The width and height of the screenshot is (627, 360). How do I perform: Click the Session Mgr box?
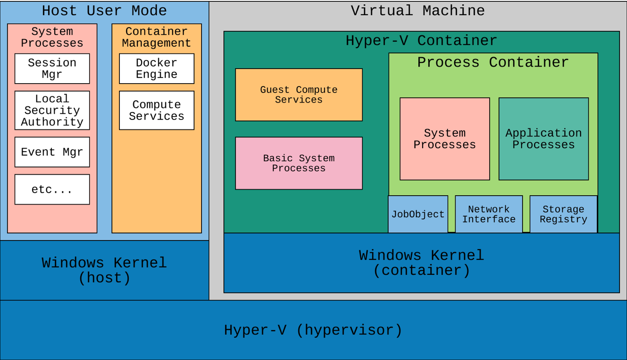coord(52,69)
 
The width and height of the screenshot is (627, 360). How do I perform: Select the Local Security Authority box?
coord(52,110)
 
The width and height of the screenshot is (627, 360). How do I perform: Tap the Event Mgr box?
coord(52,152)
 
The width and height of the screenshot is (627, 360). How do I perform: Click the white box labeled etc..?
coord(52,189)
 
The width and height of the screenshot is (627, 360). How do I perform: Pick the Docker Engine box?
coord(156,69)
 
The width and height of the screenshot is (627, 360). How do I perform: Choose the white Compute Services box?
coord(156,110)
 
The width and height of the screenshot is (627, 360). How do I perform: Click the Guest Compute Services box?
coord(299,94)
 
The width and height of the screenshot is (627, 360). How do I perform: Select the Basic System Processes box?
coord(299,163)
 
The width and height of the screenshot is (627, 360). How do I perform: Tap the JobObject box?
coord(418,214)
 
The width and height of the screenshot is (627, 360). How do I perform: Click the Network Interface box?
coord(489,214)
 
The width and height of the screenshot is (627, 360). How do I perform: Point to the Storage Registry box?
coord(563,214)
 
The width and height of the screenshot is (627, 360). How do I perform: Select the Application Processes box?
coord(543,139)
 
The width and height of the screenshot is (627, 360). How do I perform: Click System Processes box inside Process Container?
coord(444,139)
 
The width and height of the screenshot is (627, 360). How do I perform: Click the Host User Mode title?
coord(104,11)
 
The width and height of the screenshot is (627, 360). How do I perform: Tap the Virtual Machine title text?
coord(418,11)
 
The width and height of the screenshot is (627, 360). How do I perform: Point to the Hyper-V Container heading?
coord(421,41)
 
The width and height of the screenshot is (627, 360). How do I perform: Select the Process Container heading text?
coord(493,62)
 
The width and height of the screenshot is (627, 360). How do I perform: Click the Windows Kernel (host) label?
coord(104,270)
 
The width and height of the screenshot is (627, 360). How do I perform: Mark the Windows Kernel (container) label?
coord(421,263)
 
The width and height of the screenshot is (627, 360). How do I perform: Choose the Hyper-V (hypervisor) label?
coord(313,330)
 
